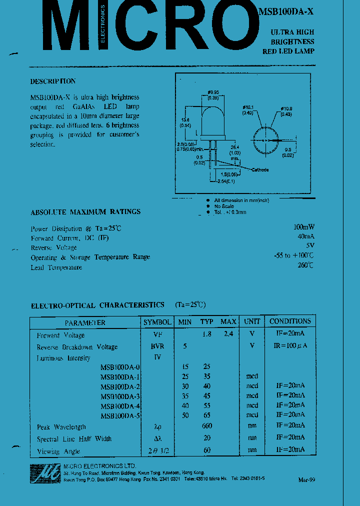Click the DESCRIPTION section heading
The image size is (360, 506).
(x=53, y=81)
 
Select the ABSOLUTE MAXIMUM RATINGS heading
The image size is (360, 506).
(x=85, y=211)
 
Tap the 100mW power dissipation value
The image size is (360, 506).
(x=304, y=226)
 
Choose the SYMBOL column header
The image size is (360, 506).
(x=157, y=322)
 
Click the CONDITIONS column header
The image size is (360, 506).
(x=290, y=321)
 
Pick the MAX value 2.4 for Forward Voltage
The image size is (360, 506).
(x=228, y=334)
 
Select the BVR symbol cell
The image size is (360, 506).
(x=157, y=346)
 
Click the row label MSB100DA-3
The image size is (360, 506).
(x=120, y=396)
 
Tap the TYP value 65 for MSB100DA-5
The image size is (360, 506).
(x=206, y=415)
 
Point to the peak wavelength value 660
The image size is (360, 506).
(x=206, y=426)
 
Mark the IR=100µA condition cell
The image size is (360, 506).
(x=290, y=346)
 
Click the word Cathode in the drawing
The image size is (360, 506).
(x=260, y=170)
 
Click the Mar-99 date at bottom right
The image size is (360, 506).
(x=306, y=480)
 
